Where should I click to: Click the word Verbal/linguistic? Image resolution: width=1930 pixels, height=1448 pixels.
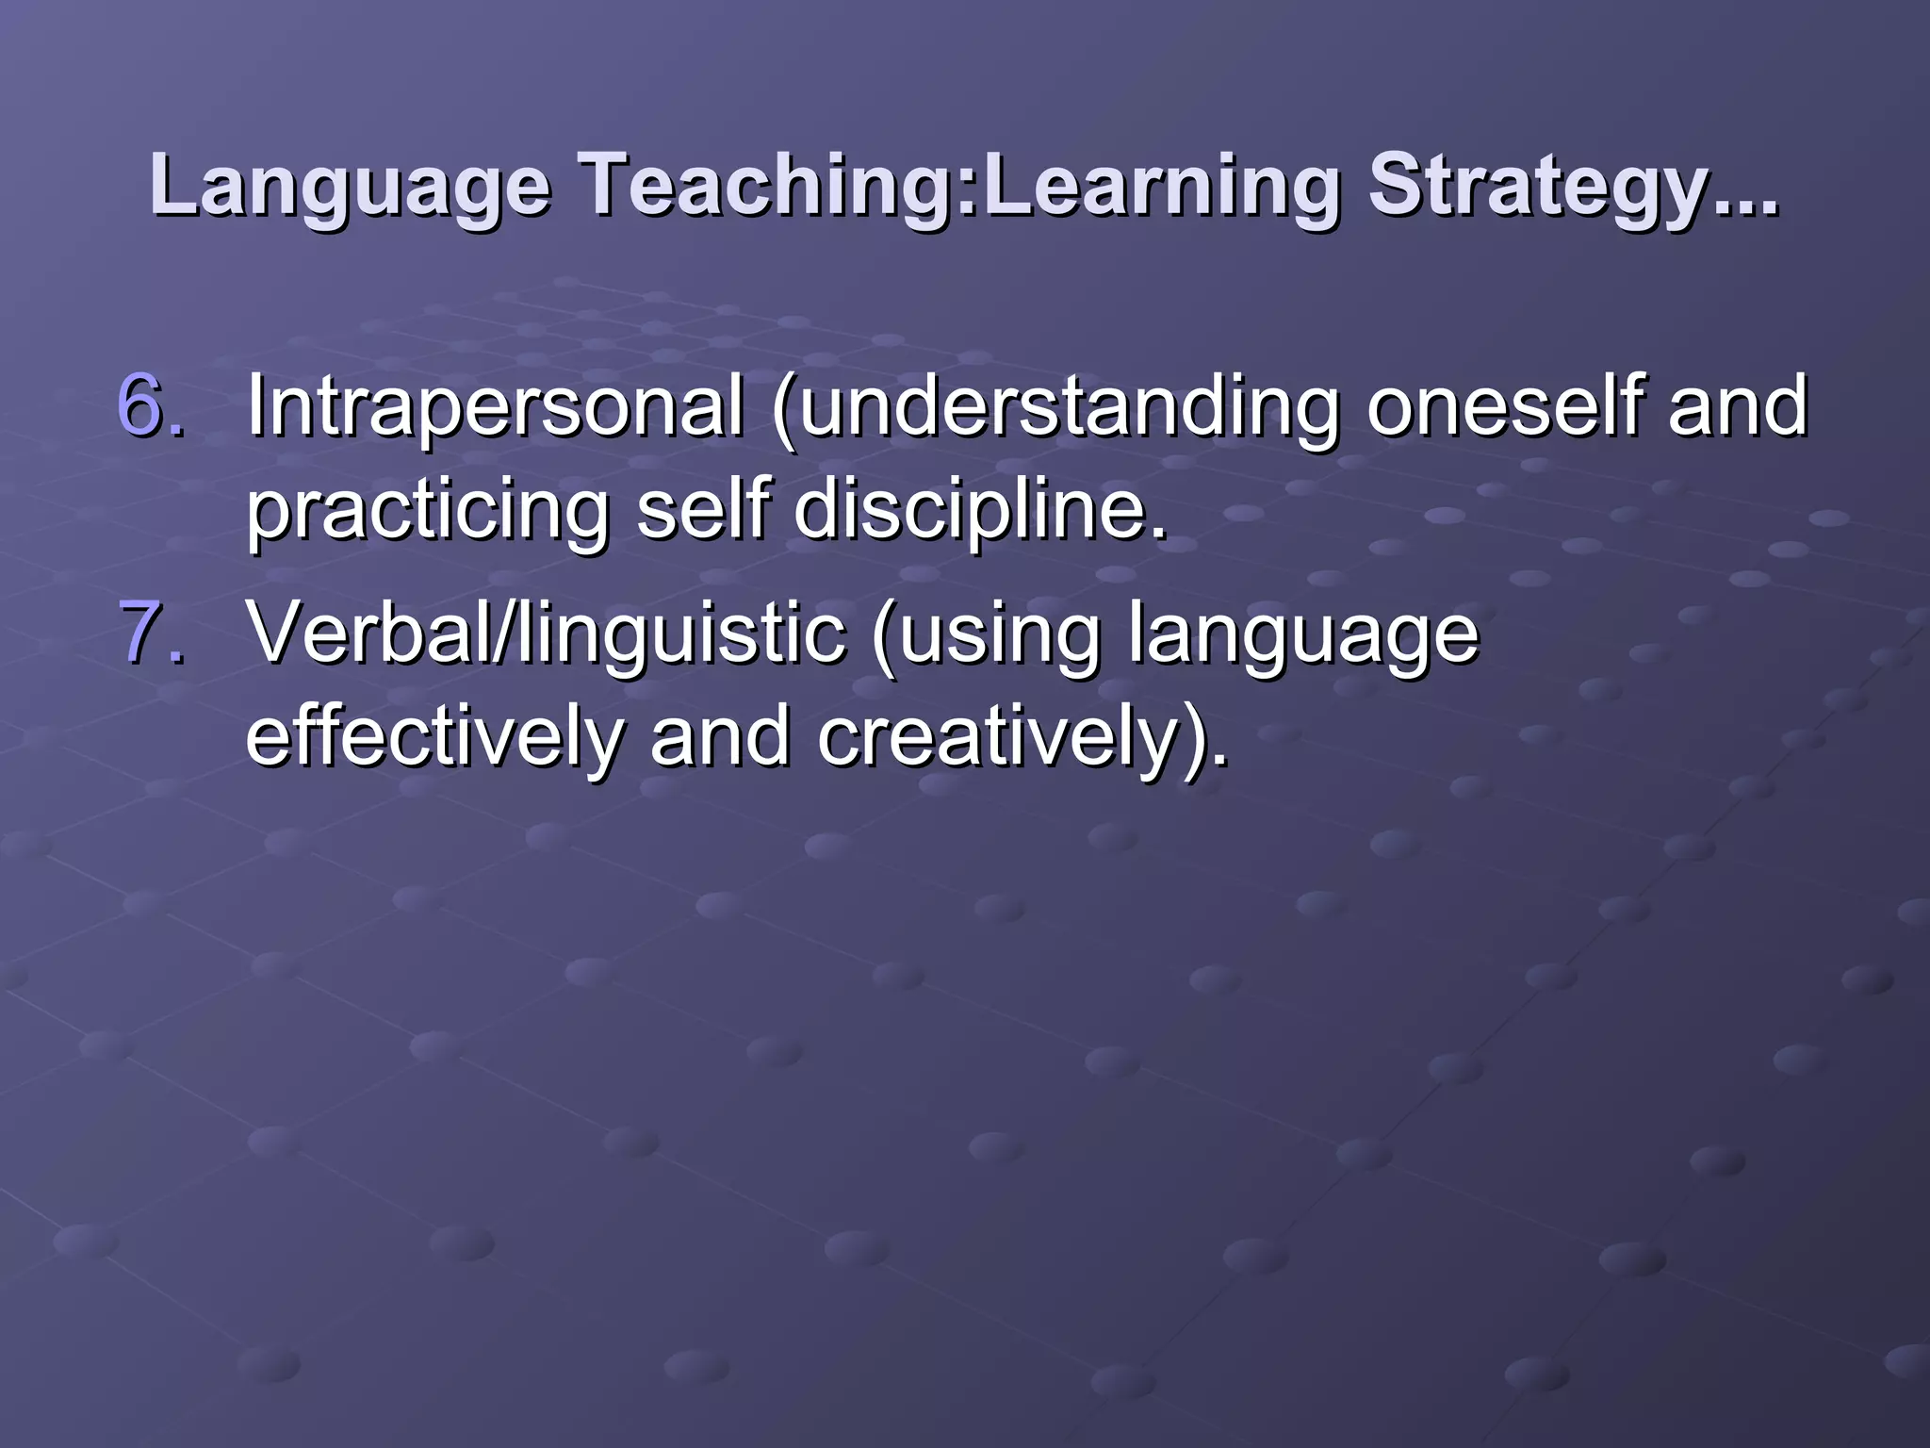[547, 633]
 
